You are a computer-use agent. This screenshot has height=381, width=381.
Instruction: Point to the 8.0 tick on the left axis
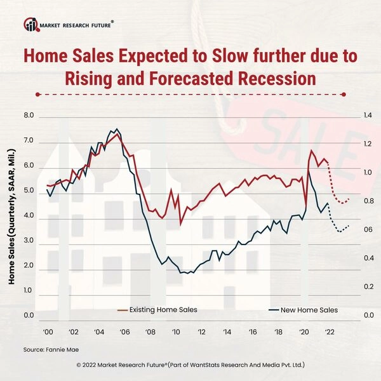[29, 116]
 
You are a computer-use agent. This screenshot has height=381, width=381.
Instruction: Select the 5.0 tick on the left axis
[29, 190]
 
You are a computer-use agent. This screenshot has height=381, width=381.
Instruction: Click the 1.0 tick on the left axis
[29, 290]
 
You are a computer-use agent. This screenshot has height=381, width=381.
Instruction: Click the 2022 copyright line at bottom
[190, 366]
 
